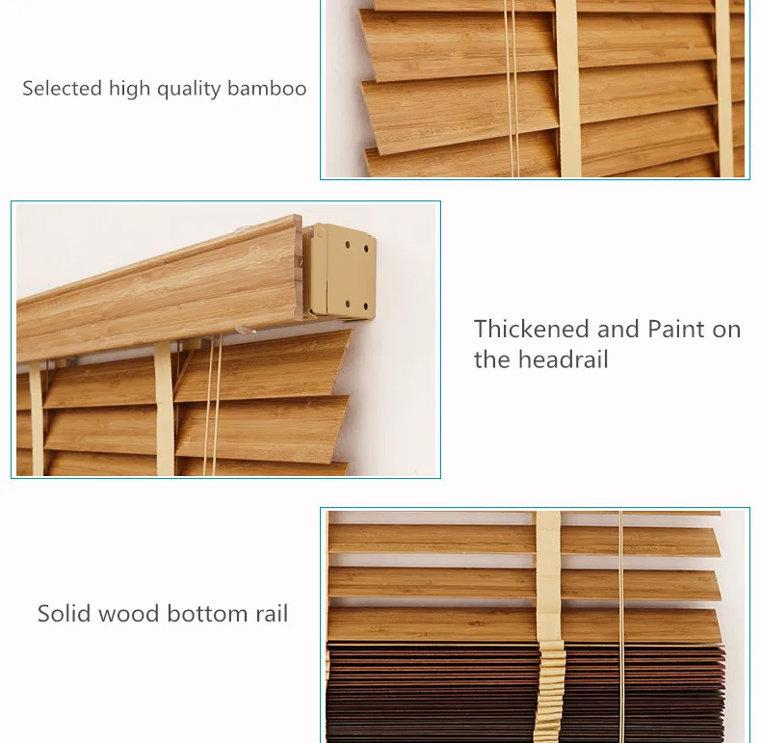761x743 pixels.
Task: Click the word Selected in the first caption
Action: pos(63,89)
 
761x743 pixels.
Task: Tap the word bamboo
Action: pos(267,89)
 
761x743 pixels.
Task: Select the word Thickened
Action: pos(533,329)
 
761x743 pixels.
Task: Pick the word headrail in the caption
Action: pos(563,359)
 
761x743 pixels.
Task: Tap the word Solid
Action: pos(64,613)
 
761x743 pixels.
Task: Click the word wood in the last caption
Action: pos(129,613)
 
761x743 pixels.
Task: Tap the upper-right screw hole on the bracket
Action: pos(366,250)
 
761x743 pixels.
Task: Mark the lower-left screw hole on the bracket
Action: pos(348,304)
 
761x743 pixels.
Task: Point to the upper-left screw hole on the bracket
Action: pos(348,245)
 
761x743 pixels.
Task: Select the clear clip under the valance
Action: pos(246,330)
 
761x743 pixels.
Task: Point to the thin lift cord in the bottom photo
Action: pos(620,626)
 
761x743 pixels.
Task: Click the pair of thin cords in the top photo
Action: pos(512,89)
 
